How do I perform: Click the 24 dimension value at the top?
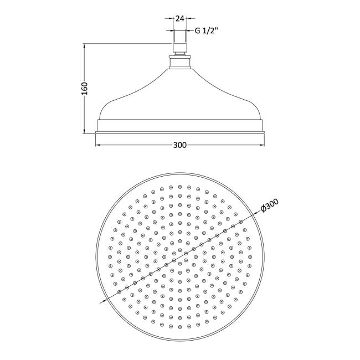coord(179,18)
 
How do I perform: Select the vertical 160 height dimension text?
coord(85,88)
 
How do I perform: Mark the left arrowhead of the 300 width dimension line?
coord(99,145)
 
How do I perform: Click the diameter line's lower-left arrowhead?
coord(102,301)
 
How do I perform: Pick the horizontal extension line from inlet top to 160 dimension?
coord(127,44)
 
